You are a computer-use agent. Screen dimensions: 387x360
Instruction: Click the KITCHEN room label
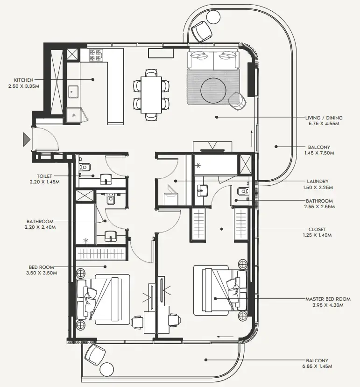point(23,80)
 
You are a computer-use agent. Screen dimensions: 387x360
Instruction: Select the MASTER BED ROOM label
point(327,299)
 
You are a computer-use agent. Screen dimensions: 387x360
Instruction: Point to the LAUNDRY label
point(318,181)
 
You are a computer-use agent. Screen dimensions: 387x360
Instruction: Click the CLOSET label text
point(317,229)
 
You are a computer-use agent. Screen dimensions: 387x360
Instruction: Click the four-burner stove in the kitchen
point(96,55)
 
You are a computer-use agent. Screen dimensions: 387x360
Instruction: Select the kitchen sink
point(74,92)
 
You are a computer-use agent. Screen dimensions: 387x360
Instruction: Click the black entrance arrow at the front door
point(26,139)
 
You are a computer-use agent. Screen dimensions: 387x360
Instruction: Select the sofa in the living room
point(214,59)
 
